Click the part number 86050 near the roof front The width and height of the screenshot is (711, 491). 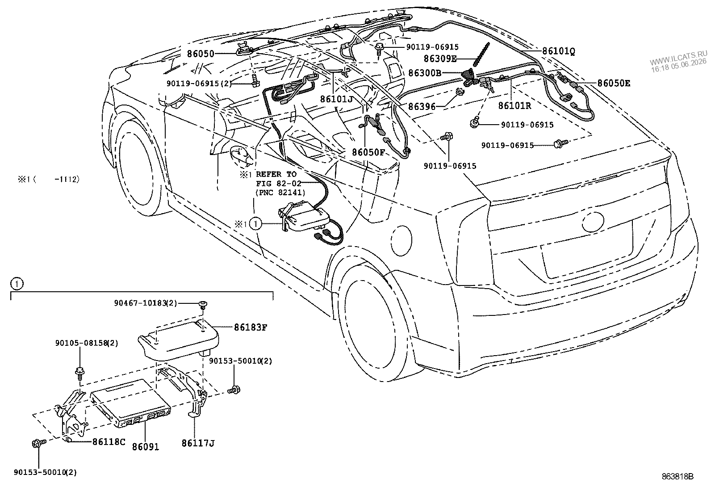[200, 54]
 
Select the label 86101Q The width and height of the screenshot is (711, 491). [558, 51]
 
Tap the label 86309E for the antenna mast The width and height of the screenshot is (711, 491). [440, 59]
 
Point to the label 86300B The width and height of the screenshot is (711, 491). [425, 73]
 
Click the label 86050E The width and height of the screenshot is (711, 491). [614, 83]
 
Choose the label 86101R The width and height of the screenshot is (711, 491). [514, 105]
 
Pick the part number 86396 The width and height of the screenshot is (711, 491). [422, 106]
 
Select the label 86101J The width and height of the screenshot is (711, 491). [336, 99]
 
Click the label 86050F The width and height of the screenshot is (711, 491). [368, 152]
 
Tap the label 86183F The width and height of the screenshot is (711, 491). [251, 327]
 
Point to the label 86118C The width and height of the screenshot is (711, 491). [109, 442]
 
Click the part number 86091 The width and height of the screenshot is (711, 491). [146, 446]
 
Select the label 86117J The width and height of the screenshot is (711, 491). [198, 443]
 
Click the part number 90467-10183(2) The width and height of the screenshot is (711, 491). [146, 303]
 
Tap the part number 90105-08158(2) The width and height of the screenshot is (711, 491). [87, 343]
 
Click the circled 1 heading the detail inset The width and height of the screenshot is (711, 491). [17, 283]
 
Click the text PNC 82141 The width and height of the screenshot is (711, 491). [280, 193]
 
